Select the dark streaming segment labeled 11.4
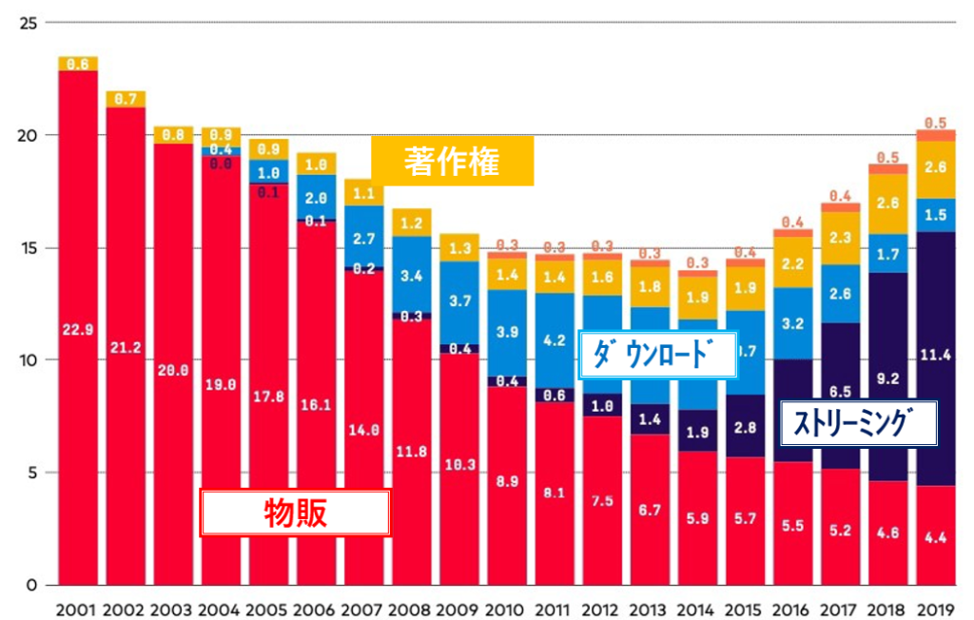pyautogui.click(x=934, y=358)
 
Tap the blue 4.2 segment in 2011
pyautogui.click(x=555, y=339)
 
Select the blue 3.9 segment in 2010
pyautogui.click(x=507, y=332)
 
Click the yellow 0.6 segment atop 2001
pyautogui.click(x=78, y=64)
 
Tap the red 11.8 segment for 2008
pyautogui.click(x=412, y=452)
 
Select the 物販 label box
pyautogui.click(x=295, y=513)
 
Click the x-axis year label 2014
pyautogui.click(x=696, y=607)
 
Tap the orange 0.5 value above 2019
pyautogui.click(x=934, y=123)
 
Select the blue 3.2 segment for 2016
pyautogui.click(x=791, y=323)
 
